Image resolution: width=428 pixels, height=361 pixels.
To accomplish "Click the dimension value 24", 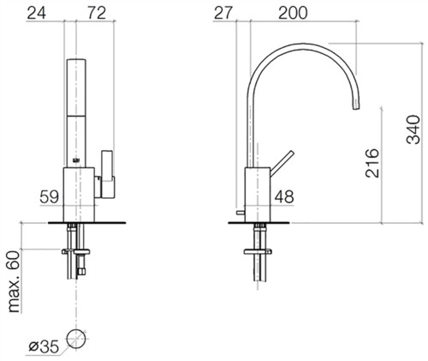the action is (x=36, y=13).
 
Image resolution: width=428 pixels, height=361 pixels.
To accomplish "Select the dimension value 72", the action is (x=97, y=13).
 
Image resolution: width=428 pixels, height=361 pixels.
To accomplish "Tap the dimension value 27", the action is (x=223, y=13).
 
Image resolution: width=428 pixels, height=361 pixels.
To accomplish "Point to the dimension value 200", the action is (x=293, y=13).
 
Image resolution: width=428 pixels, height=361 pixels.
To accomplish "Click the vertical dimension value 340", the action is (x=413, y=129).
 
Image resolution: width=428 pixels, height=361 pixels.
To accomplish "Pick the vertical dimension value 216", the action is (x=372, y=163).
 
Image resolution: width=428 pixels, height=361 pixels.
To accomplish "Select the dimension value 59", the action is (x=49, y=196).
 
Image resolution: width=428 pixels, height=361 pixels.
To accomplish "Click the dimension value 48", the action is (x=284, y=196).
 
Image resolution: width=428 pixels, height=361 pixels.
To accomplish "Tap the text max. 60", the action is (x=14, y=281).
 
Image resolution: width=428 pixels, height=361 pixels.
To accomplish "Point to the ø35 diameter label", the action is (x=44, y=346).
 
